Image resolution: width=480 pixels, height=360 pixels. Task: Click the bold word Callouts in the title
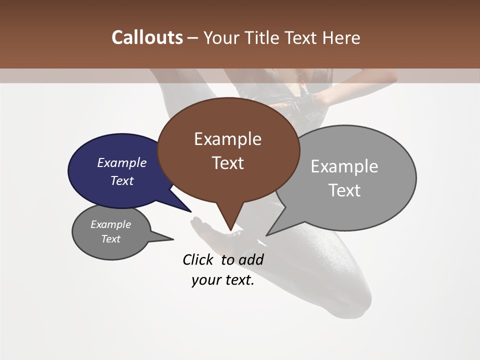pyautogui.click(x=147, y=37)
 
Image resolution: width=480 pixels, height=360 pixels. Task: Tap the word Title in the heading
pyautogui.click(x=264, y=38)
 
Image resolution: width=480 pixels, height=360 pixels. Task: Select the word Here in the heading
pyautogui.click(x=341, y=38)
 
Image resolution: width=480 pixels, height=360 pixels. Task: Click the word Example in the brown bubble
pyautogui.click(x=227, y=139)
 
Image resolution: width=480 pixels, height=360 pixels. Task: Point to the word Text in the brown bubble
pyautogui.click(x=228, y=163)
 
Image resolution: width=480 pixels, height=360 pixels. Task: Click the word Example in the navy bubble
pyautogui.click(x=121, y=163)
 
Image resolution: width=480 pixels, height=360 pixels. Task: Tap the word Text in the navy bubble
pyautogui.click(x=122, y=180)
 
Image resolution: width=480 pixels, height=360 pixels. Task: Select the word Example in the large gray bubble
pyautogui.click(x=344, y=166)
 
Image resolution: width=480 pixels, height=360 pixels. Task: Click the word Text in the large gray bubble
pyautogui.click(x=344, y=190)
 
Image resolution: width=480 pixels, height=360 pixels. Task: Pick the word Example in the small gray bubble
pyautogui.click(x=110, y=224)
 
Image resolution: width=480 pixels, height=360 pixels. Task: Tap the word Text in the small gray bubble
pyautogui.click(x=110, y=239)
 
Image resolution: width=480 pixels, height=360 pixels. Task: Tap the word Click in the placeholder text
pyautogui.click(x=197, y=260)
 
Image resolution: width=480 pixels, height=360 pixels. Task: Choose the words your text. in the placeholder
pyautogui.click(x=222, y=280)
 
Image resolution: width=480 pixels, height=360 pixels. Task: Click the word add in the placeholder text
pyautogui.click(x=250, y=260)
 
